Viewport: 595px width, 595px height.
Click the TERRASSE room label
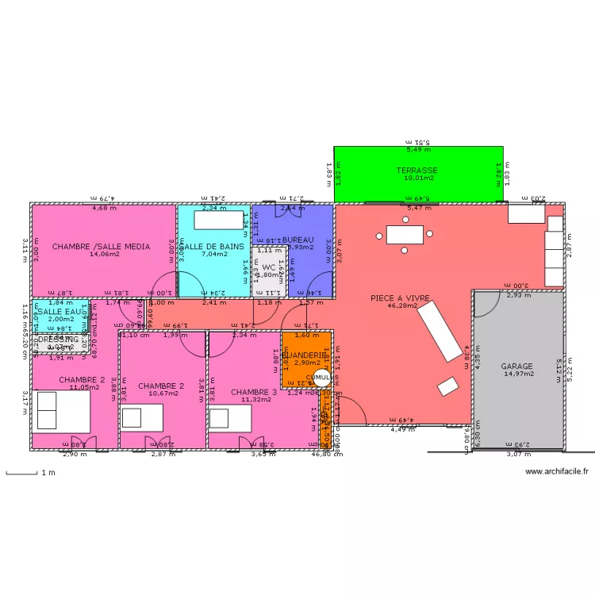pos(417,171)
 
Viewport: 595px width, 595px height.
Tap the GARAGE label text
pos(516,367)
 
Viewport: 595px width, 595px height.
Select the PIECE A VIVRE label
pos(400,298)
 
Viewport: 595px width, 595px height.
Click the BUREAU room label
pos(298,240)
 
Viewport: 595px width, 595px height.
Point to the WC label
pos(268,267)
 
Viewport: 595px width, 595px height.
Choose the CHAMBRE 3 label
pos(254,392)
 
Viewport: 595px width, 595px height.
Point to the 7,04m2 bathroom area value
pos(213,255)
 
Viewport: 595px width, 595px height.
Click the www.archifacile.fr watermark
pos(557,472)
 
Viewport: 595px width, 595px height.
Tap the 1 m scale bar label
pos(48,473)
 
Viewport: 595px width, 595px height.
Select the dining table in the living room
pos(405,234)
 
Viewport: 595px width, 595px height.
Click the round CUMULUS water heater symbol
pos(322,378)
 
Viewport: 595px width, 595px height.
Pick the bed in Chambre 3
pos(230,416)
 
